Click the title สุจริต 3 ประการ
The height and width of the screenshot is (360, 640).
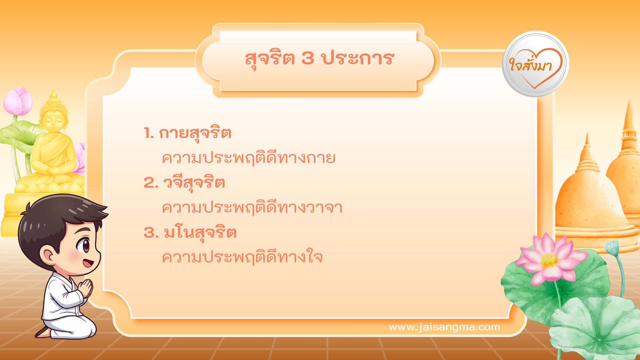click(319, 59)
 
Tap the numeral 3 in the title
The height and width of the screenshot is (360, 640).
click(308, 58)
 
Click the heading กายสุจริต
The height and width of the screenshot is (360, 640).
click(195, 133)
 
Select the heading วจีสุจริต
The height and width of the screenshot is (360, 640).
click(194, 183)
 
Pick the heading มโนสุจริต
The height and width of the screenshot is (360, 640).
click(200, 233)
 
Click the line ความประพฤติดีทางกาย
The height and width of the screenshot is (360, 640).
click(248, 158)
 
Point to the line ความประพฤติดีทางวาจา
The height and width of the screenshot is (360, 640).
click(252, 208)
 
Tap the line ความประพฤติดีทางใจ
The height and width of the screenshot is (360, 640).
click(242, 257)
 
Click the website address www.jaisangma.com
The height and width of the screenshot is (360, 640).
click(444, 327)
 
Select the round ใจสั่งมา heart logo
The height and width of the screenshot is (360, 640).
click(535, 64)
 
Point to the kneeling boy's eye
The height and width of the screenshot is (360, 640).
click(83, 246)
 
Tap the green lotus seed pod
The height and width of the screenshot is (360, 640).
click(612, 247)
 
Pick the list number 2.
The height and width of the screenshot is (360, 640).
click(151, 183)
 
